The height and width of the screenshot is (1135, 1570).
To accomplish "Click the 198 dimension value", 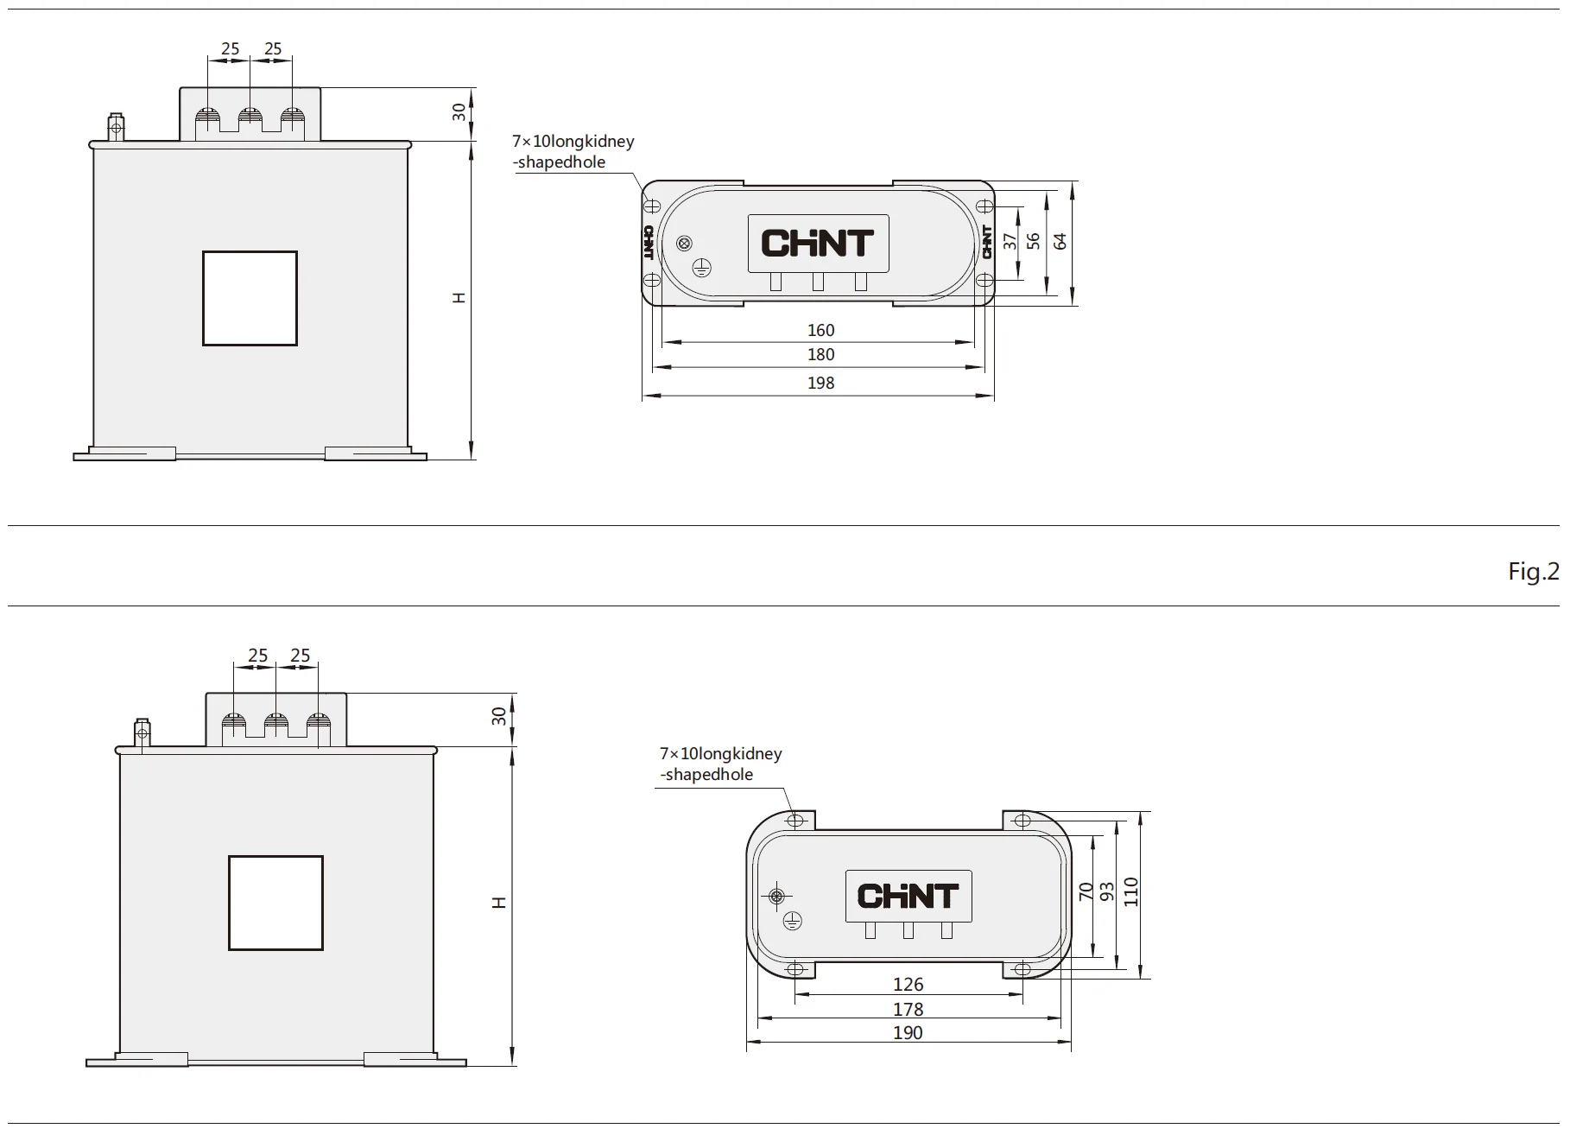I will [x=820, y=383].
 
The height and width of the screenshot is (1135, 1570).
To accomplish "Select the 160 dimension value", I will [x=820, y=330].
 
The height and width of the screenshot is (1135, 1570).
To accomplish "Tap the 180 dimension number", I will [x=820, y=354].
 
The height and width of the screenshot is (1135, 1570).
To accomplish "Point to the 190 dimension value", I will [x=908, y=1032].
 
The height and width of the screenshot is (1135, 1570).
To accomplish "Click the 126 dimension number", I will [x=908, y=984].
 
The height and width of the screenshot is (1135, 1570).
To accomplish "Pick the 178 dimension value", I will [x=908, y=1009].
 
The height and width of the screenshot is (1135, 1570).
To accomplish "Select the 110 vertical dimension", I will [x=1131, y=892].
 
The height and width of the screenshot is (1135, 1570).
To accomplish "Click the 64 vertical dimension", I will [x=1060, y=241].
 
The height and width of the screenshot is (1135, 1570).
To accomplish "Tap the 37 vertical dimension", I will [x=1010, y=241].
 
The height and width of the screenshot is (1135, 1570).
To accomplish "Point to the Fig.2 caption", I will [x=1533, y=571].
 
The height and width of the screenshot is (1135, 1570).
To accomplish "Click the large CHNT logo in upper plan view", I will [x=817, y=244].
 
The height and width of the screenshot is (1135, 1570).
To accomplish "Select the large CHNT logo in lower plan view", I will [x=908, y=896].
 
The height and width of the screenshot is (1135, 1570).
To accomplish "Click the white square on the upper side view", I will [x=250, y=299].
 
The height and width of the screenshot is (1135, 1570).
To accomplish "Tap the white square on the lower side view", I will [x=275, y=903].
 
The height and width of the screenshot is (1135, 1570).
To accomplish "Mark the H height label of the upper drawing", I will [x=459, y=298].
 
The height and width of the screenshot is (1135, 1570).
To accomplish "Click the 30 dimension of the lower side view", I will [x=498, y=716].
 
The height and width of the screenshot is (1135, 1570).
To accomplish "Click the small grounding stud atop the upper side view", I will [x=116, y=127].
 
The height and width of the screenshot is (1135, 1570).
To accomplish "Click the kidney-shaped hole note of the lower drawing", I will [x=720, y=764].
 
